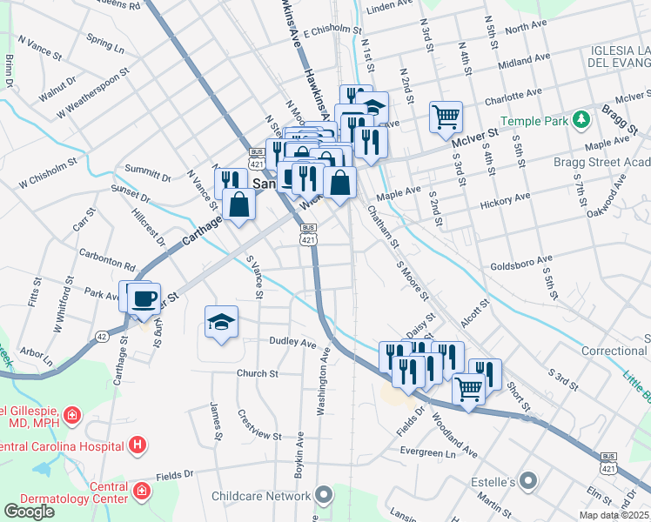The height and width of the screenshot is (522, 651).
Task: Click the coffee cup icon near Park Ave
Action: [x=144, y=298]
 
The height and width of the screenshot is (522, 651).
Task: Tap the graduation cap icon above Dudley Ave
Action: [x=221, y=323]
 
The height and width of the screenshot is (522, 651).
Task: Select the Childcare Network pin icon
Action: [x=325, y=497]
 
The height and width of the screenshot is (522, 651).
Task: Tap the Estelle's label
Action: [x=507, y=482]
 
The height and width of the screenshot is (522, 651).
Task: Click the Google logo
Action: [x=29, y=512]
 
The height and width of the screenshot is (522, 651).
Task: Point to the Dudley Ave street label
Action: [x=292, y=343]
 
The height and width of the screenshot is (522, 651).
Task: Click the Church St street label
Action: [x=257, y=373]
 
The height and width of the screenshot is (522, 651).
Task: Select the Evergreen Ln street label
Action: [x=428, y=453]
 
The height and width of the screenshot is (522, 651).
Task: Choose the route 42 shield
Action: [x=102, y=336]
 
